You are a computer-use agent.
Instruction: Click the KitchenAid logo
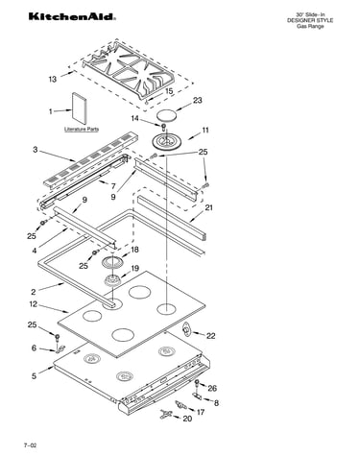click(x=72, y=16)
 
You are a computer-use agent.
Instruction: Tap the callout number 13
click(x=53, y=79)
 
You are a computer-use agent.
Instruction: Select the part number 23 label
click(x=198, y=100)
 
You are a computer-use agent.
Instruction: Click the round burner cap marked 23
click(x=166, y=115)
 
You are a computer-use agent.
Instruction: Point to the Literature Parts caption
click(x=82, y=130)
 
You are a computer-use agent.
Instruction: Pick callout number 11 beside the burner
click(x=205, y=131)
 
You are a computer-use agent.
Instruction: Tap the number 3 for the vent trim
click(x=36, y=149)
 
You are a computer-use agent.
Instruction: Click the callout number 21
click(x=208, y=207)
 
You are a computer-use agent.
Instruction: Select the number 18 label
click(x=134, y=250)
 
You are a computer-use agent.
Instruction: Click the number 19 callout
click(x=134, y=268)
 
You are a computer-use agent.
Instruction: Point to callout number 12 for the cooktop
click(x=34, y=304)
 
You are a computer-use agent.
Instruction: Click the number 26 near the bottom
click(x=212, y=388)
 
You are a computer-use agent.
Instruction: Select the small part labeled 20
click(x=165, y=414)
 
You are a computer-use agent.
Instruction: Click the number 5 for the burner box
click(x=35, y=375)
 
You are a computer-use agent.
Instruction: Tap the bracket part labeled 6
click(x=60, y=349)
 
